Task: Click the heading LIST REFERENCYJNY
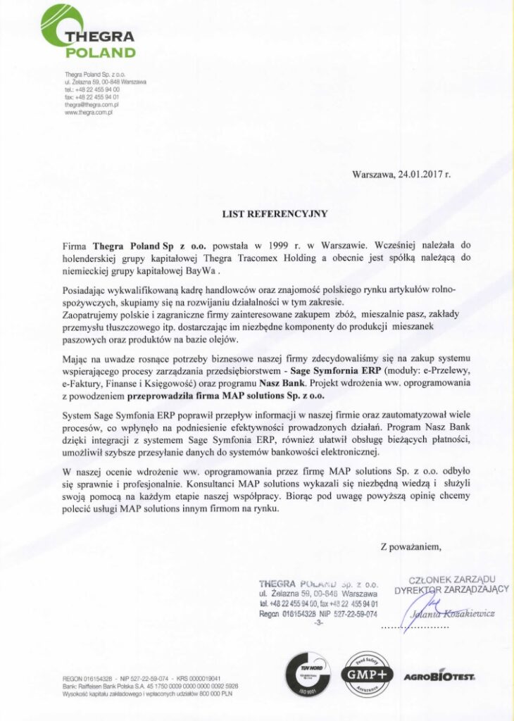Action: click(x=256, y=211)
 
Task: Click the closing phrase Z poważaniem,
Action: click(x=410, y=546)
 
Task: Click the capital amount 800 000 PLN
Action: click(x=219, y=691)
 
